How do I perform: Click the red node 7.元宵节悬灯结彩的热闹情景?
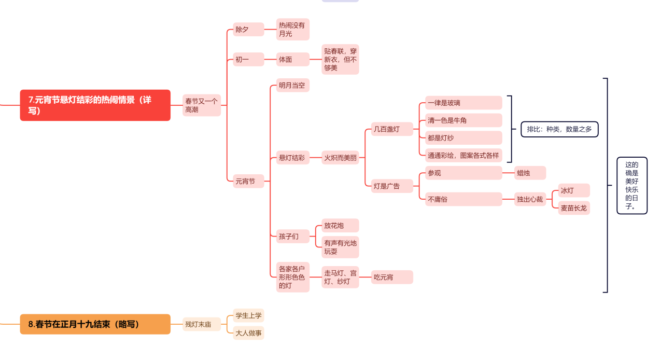tap(95, 105)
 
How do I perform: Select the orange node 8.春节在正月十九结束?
tap(95, 324)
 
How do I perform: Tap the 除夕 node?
tap(248, 29)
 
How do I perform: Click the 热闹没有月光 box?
tap(293, 29)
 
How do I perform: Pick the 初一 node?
tap(248, 59)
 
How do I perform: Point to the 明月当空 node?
tap(293, 86)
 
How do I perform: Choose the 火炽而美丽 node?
tap(340, 157)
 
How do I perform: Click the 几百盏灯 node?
tap(392, 129)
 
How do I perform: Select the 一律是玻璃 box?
tap(463, 103)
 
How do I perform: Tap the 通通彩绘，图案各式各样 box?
tap(463, 155)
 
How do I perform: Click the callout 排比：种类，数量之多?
tap(559, 129)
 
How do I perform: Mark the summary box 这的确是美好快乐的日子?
tap(632, 186)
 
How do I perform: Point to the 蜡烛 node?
tap(530, 173)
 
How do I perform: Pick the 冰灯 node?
tap(574, 190)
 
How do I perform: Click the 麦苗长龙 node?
tap(574, 208)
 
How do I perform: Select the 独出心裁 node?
tap(530, 199)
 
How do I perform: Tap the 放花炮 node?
tap(340, 226)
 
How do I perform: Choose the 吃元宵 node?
tap(392, 277)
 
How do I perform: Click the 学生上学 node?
tap(248, 315)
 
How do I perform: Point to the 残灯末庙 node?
tap(202, 324)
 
